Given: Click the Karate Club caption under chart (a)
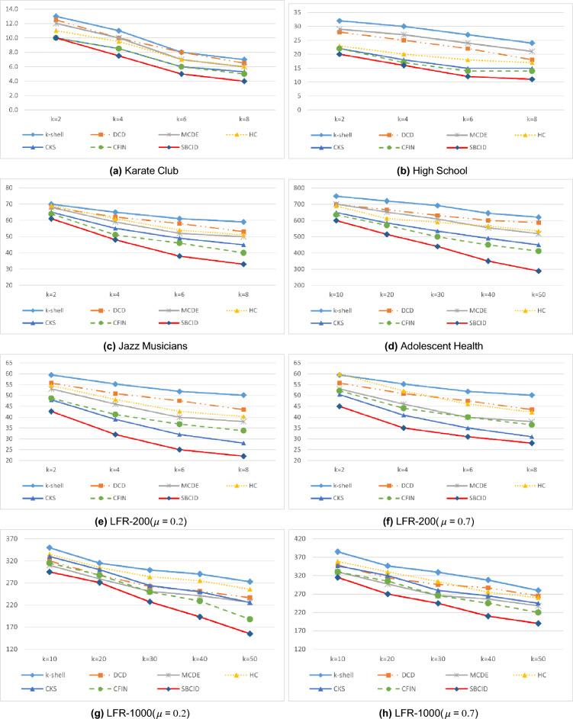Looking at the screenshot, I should [143, 170].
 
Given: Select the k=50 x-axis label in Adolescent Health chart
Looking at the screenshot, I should [532, 293].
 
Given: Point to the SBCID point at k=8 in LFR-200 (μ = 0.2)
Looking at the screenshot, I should [244, 456].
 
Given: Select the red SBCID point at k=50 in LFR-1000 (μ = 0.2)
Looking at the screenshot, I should [249, 634].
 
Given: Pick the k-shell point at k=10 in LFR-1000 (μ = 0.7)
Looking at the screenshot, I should [337, 551].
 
